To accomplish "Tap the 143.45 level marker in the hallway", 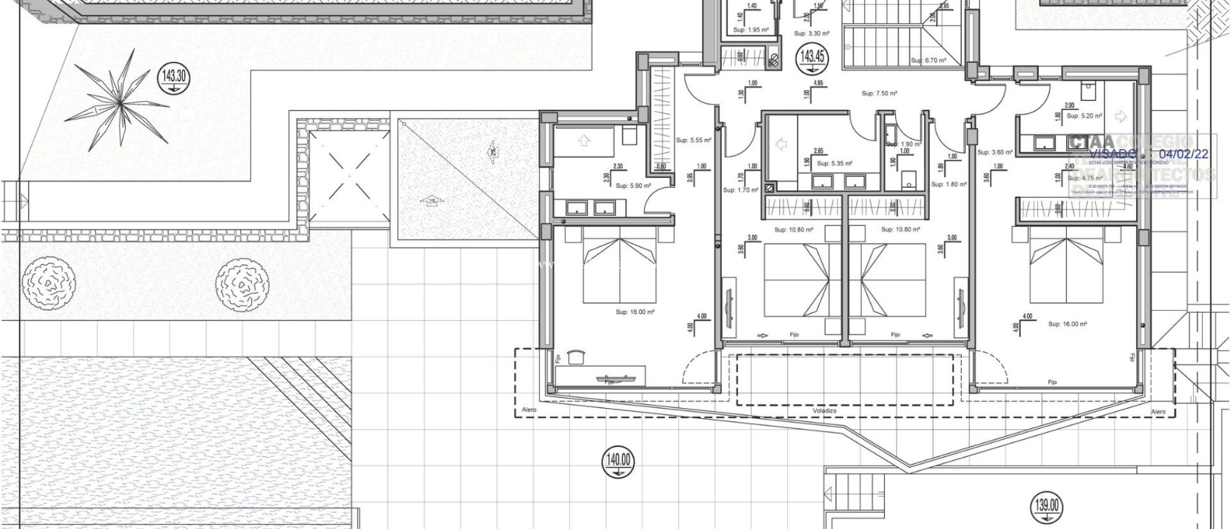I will click(811, 58).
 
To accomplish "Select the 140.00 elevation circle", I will click(618, 462).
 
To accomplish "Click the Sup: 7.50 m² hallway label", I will click(879, 94).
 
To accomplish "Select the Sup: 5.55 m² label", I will click(694, 140).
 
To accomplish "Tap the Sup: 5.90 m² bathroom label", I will click(633, 186).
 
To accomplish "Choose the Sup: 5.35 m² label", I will click(834, 164).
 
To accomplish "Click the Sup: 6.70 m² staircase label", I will click(929, 61).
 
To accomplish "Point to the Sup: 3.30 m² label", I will click(811, 34).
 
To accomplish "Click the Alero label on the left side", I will click(529, 411).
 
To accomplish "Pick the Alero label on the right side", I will click(1158, 412).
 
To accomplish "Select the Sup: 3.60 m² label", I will click(995, 153).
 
